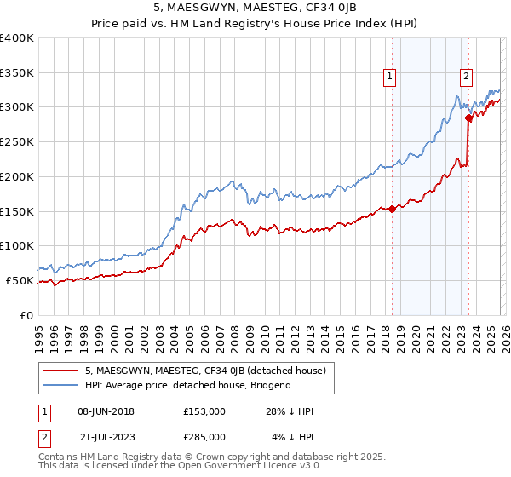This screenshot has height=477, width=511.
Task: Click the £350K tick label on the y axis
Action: (x=17, y=72)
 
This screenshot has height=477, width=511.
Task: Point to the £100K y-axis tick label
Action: (x=17, y=245)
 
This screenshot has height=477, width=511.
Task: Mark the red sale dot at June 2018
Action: (x=392, y=209)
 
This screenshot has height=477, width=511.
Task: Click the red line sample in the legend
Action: (x=61, y=371)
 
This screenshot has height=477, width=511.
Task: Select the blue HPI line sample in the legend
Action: (x=61, y=385)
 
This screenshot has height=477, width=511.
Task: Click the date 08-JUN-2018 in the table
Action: (x=106, y=411)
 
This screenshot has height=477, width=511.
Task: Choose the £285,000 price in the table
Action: (x=204, y=436)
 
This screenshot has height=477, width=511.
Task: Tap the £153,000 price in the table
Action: (x=204, y=411)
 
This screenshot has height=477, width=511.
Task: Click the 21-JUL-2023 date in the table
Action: (x=106, y=436)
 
